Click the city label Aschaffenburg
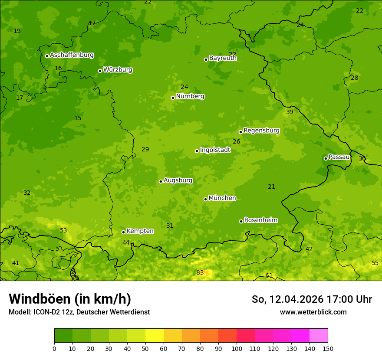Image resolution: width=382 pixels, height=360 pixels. click(72, 55)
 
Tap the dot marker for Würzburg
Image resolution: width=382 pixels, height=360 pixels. click(100, 71)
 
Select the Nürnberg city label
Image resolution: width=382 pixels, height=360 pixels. click(190, 96)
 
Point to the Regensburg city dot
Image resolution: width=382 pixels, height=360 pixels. click(240, 132)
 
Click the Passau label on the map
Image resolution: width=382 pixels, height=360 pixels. click(339, 157)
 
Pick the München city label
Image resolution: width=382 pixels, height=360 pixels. click(222, 198)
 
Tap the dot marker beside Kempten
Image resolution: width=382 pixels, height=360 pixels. click(123, 232)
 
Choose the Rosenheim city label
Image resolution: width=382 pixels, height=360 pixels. click(260, 220)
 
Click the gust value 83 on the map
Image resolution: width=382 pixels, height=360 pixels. click(200, 272)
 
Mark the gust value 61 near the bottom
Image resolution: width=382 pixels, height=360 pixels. click(269, 275)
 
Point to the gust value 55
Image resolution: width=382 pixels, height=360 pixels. click(375, 263)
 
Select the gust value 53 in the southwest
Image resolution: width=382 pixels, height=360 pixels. click(63, 230)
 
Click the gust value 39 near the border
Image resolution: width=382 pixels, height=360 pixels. click(290, 112)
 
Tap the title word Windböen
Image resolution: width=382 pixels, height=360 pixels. click(40, 299)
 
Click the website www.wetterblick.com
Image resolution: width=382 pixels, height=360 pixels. click(313, 312)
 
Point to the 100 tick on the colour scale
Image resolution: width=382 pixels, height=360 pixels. click(237, 348)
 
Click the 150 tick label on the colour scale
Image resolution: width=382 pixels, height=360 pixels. click(328, 348)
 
